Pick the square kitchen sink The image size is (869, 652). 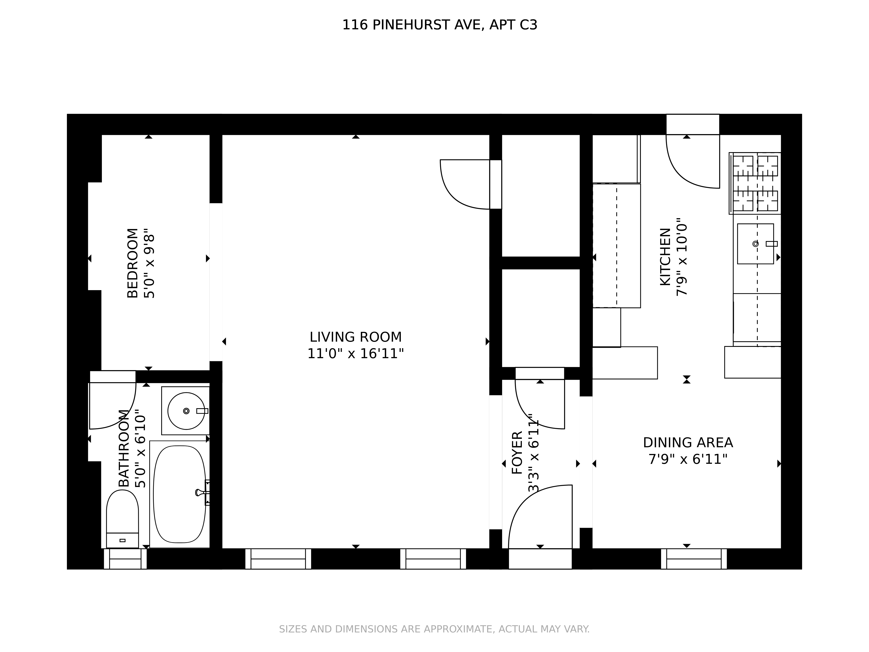click(x=755, y=244)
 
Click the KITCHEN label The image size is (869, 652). click(x=665, y=257)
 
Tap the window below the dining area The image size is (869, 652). click(x=694, y=559)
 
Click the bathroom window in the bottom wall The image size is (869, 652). click(x=125, y=559)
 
